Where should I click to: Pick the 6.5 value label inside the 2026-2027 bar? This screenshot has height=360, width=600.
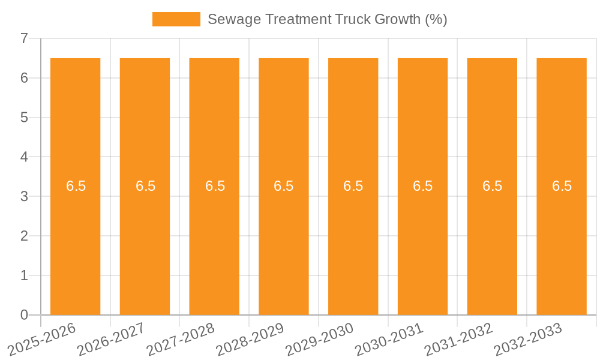coord(145,186)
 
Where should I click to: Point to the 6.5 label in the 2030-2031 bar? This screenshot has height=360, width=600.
coord(422,186)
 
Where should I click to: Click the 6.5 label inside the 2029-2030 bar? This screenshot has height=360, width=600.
coord(353,186)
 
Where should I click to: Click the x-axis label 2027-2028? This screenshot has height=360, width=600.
coord(179,340)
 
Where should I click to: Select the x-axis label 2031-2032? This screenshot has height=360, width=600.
coord(458,340)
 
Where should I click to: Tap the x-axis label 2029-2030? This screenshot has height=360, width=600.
coord(319,340)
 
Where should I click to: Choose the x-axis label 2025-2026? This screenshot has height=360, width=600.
coord(41,340)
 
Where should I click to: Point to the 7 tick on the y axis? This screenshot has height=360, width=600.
coord(24,38)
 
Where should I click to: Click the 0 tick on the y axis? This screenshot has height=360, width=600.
coord(24,315)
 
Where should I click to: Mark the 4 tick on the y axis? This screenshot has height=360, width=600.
coord(24,157)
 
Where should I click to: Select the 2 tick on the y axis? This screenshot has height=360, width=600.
coord(24,236)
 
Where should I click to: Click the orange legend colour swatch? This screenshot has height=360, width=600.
coord(176,19)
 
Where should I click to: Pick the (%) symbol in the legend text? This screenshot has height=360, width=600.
coord(436,19)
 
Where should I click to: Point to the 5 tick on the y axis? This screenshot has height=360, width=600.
coord(24,118)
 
